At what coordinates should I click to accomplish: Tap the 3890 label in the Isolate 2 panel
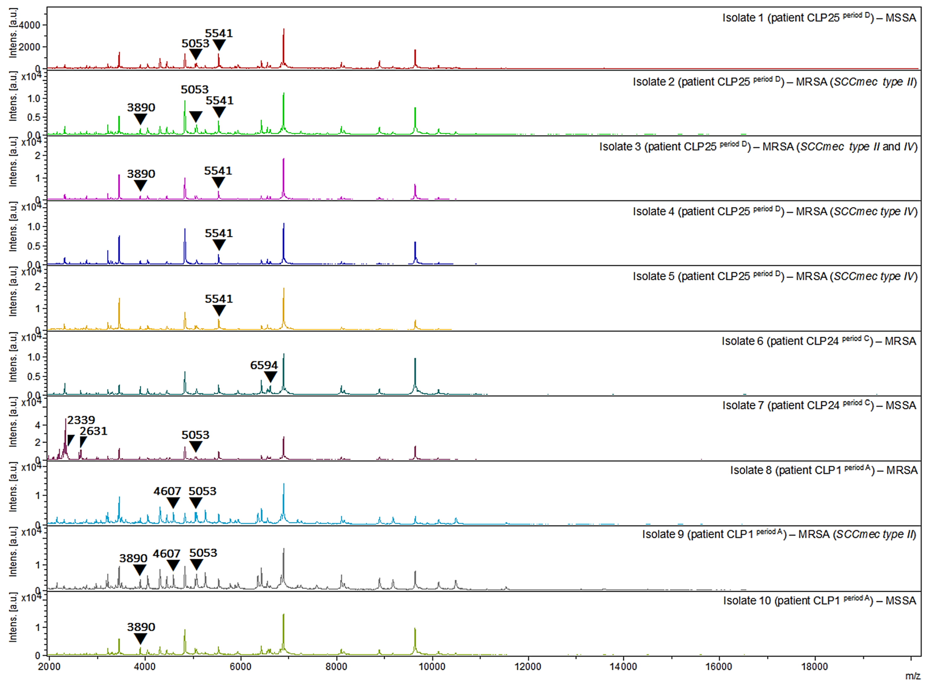pos(141,108)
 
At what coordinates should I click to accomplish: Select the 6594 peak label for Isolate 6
pos(264,366)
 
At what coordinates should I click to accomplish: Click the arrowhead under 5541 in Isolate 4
pos(219,245)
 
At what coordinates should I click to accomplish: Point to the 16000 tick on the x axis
pos(719,667)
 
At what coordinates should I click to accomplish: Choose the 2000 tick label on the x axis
pos(49,667)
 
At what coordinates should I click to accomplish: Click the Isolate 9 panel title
pos(779,534)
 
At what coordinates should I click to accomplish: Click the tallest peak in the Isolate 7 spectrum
pos(66,419)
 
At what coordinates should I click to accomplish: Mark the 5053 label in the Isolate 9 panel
pos(203,553)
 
